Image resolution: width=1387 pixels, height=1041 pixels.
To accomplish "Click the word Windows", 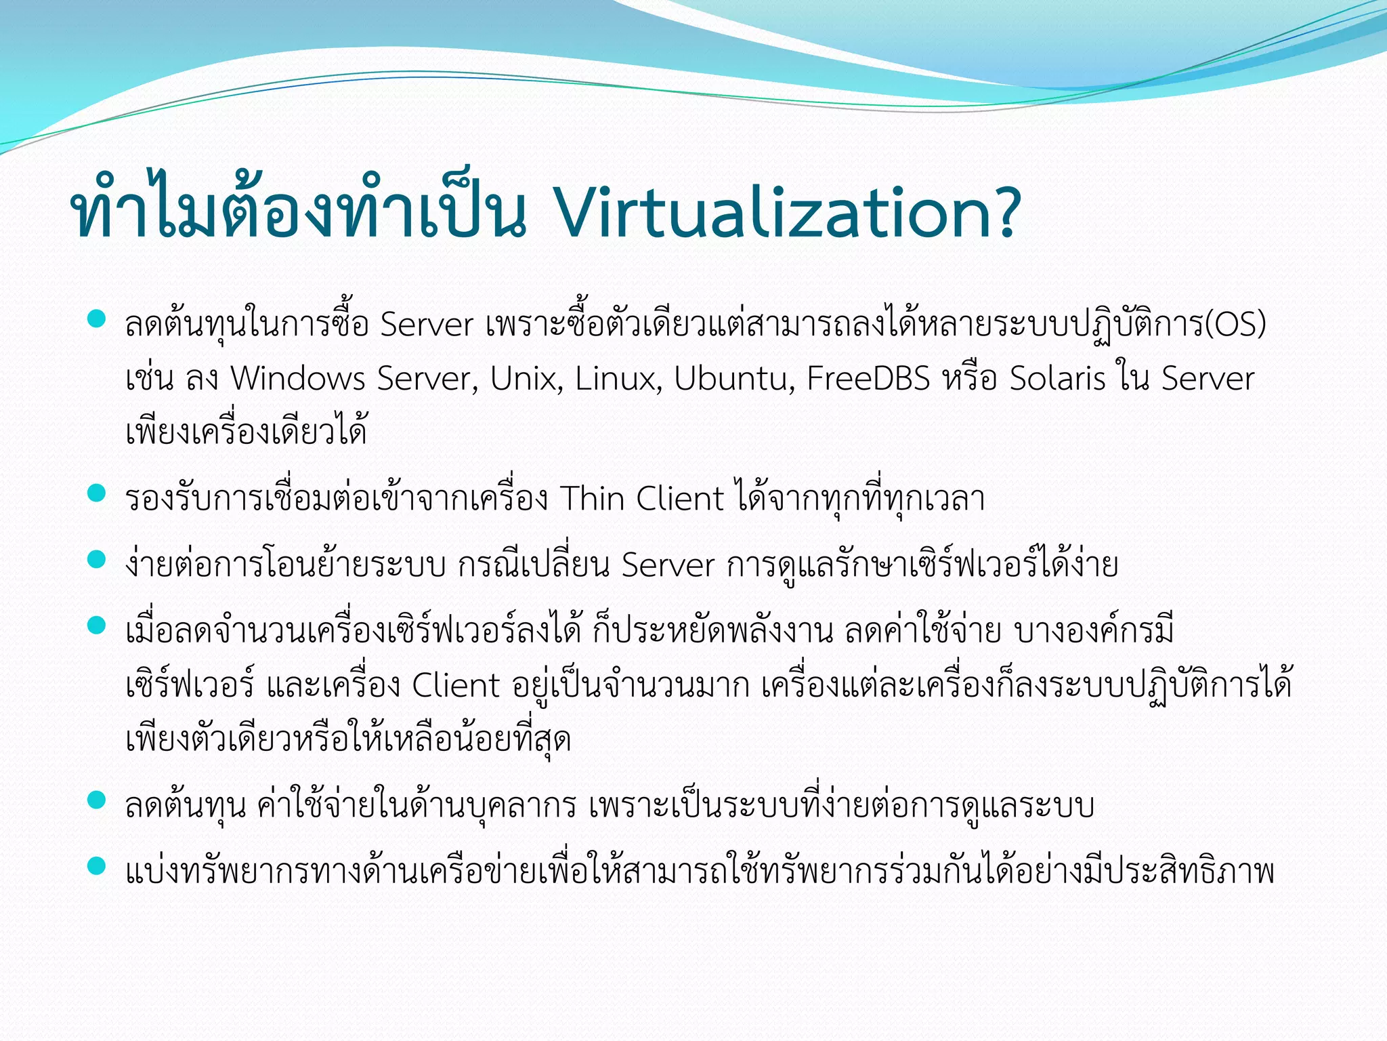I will click(298, 378).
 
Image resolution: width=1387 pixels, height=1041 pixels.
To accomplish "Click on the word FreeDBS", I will click(868, 378).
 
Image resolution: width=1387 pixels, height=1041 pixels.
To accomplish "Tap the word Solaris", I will click(1057, 378).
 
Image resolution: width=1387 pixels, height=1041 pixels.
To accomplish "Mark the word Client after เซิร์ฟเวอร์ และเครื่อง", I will click(456, 685).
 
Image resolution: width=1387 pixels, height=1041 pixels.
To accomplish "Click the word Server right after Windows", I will click(424, 378).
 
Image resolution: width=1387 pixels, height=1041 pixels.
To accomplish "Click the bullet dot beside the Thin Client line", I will click(97, 493).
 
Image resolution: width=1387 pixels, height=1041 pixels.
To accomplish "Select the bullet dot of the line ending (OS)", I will click(97, 319).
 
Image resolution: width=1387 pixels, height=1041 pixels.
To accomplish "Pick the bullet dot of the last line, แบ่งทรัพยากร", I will click(97, 866).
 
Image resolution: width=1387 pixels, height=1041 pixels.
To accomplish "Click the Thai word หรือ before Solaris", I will click(969, 378).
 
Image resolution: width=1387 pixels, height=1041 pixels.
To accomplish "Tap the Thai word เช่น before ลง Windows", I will click(150, 378).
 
